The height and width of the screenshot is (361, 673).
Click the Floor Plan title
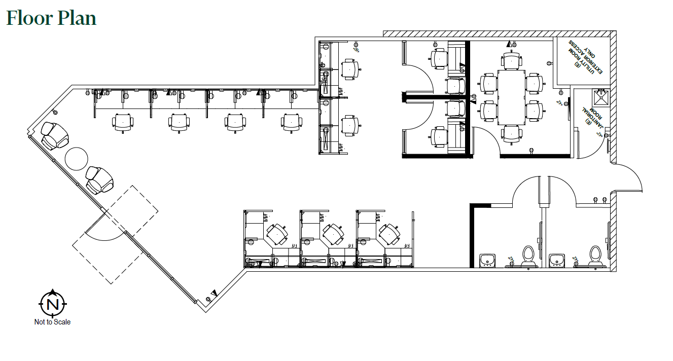pyautogui.click(x=51, y=18)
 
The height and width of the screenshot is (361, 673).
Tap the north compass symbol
pyautogui.click(x=52, y=304)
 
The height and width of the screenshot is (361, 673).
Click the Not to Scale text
pyautogui.click(x=52, y=322)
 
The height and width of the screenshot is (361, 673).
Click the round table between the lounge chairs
pyautogui.click(x=77, y=159)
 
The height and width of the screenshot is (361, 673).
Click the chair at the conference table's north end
pyautogui.click(x=511, y=59)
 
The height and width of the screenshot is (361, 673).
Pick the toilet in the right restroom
pyautogui.click(x=595, y=255)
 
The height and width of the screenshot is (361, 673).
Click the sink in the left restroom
pyautogui.click(x=488, y=260)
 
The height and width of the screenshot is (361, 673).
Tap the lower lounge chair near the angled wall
pyautogui.click(x=99, y=179)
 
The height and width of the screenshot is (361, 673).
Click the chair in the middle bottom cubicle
pyautogui.click(x=332, y=234)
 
